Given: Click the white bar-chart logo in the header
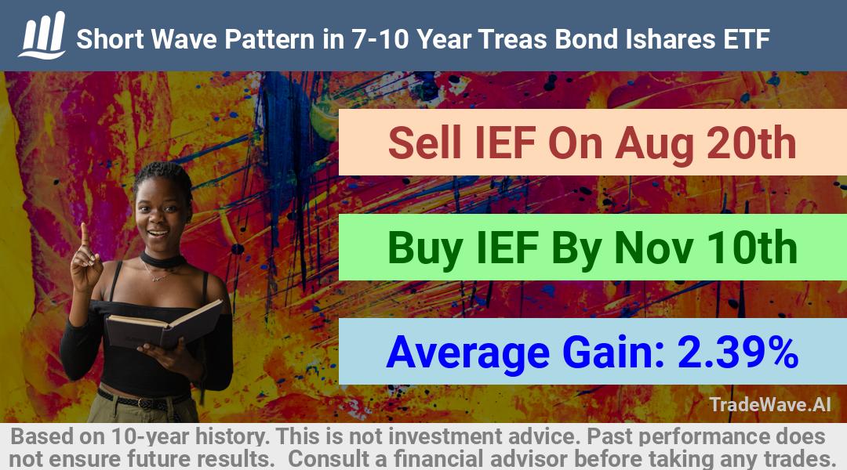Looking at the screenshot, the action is (42, 35).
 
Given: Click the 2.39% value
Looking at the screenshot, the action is (738, 352).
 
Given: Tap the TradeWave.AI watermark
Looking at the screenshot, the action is (770, 404).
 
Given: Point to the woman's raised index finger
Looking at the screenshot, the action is (84, 236).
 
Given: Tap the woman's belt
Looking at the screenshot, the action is (144, 400).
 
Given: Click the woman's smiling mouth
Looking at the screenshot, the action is (158, 233).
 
